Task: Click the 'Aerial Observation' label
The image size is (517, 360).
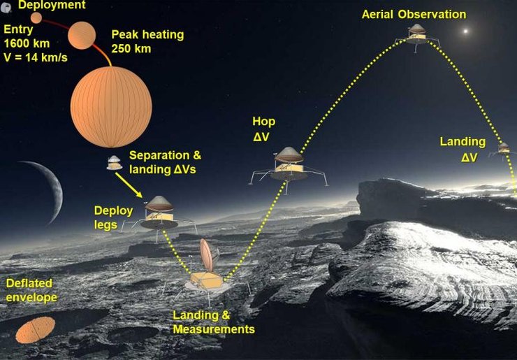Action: tap(414, 15)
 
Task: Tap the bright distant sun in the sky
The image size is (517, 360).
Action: tap(465, 31)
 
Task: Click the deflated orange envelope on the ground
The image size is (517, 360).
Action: tap(35, 330)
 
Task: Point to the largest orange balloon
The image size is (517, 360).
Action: tap(111, 107)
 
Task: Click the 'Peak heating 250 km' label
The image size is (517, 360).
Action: tap(147, 41)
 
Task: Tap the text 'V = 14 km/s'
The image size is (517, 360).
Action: tap(36, 57)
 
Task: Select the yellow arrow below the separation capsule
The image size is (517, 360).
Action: tap(129, 185)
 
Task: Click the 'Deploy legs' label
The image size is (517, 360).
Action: tap(113, 218)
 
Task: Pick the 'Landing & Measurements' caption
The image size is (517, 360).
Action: tap(214, 322)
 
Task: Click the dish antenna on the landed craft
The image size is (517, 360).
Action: tap(207, 254)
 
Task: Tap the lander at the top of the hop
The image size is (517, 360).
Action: tap(417, 37)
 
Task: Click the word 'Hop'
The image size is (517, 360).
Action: tap(263, 122)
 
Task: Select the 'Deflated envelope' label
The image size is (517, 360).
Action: tap(31, 290)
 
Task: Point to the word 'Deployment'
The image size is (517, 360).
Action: tap(52, 5)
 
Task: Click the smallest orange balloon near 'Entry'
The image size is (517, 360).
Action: tap(36, 17)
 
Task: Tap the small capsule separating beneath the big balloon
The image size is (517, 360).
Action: tap(115, 163)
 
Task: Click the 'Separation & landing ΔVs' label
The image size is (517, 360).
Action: tap(165, 162)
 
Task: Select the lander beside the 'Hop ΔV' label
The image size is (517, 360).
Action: tap(288, 169)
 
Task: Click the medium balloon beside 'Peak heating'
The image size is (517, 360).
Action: tap(82, 36)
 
